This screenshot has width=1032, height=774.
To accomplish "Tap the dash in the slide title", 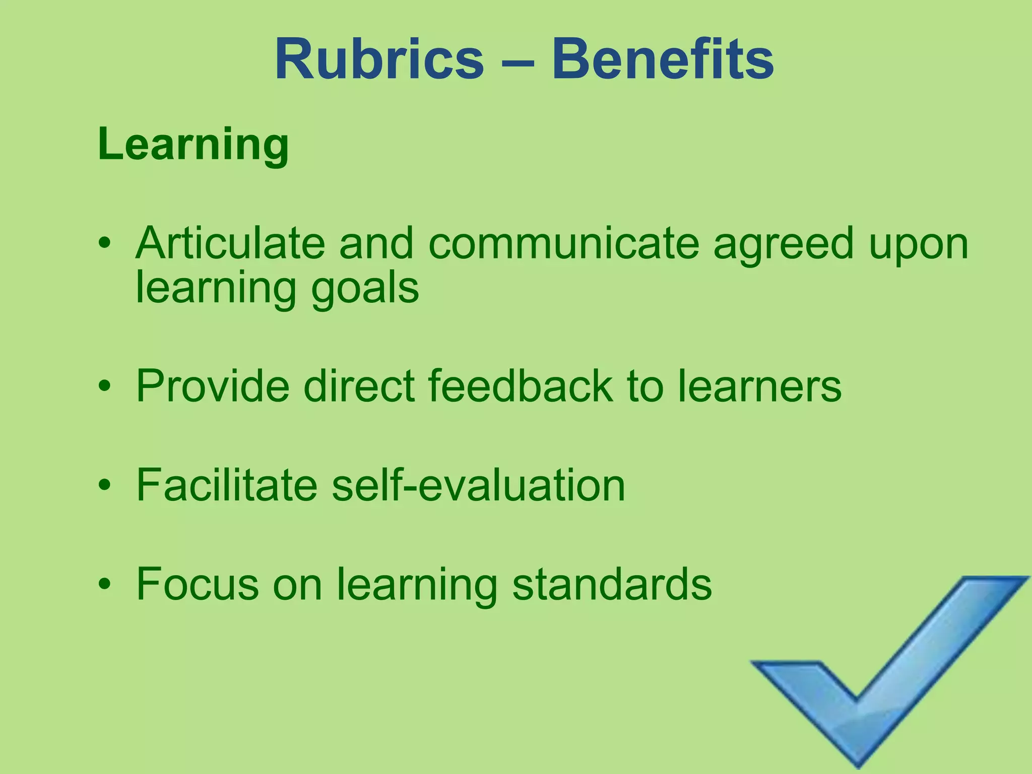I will (518, 62).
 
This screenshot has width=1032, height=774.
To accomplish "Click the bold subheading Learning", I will (193, 145).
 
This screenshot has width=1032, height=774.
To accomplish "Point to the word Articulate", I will (230, 243).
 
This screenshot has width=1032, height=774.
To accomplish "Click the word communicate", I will (563, 244).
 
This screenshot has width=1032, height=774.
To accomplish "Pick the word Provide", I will (213, 386).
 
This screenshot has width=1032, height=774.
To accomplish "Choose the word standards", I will (612, 584).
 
